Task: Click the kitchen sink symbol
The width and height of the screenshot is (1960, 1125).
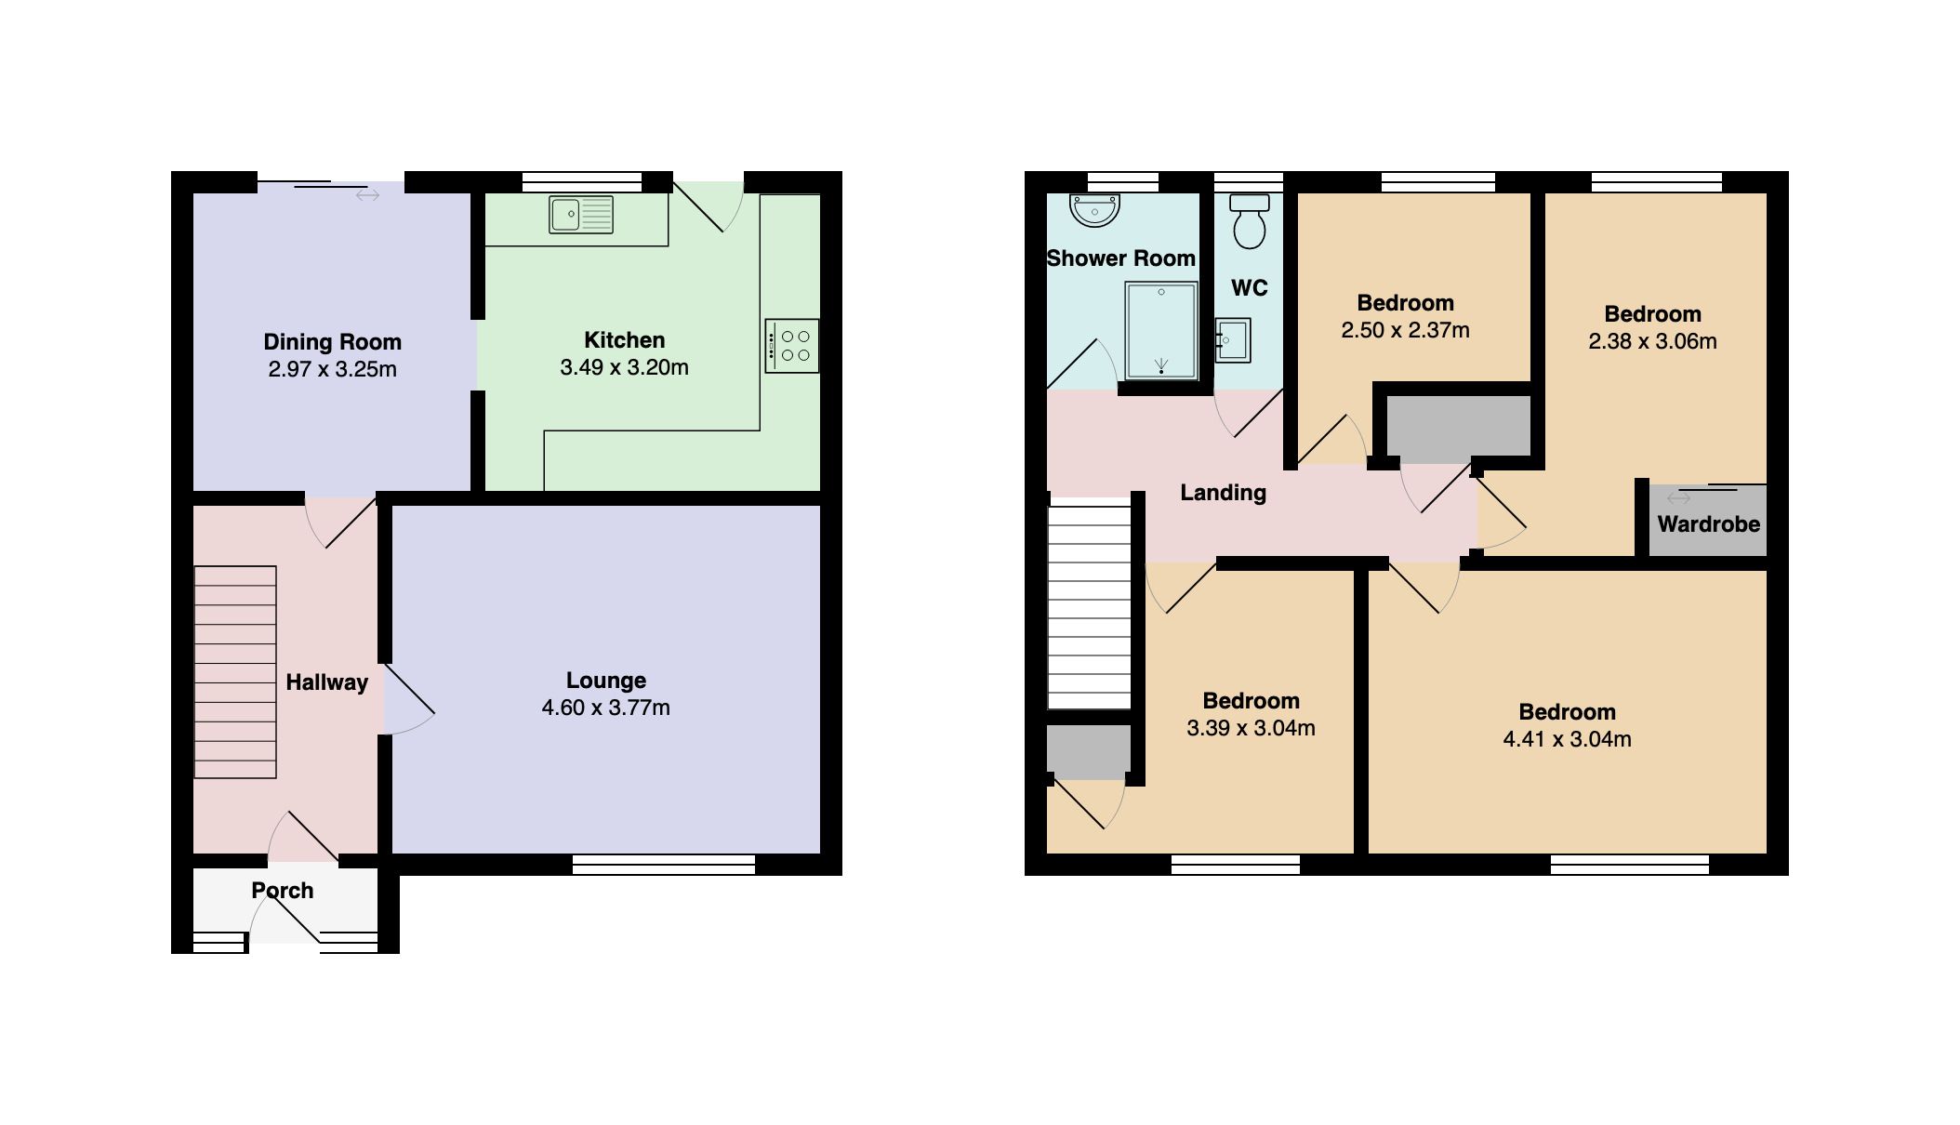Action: pyautogui.click(x=580, y=215)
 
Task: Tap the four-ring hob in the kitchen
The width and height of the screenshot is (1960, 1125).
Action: pyautogui.click(x=792, y=346)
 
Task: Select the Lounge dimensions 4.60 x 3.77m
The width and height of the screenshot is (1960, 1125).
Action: pyautogui.click(x=605, y=708)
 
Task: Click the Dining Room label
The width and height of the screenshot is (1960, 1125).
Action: pyautogui.click(x=332, y=342)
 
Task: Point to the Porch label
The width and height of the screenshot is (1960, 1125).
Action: pyautogui.click(x=283, y=891)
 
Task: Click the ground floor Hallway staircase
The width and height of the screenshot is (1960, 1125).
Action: pyautogui.click(x=235, y=671)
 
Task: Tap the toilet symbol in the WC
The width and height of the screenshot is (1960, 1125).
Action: pyautogui.click(x=1249, y=220)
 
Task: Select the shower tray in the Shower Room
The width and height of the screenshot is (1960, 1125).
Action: pyautogui.click(x=1160, y=332)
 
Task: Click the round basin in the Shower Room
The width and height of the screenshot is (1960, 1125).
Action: pyautogui.click(x=1094, y=210)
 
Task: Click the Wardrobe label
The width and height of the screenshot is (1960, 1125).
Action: pyautogui.click(x=1708, y=524)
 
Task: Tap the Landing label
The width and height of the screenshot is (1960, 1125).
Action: pyautogui.click(x=1223, y=493)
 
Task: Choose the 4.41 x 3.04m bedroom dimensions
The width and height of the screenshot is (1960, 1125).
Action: pyautogui.click(x=1567, y=739)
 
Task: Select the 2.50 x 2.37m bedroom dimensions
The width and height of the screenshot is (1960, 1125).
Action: pyautogui.click(x=1405, y=330)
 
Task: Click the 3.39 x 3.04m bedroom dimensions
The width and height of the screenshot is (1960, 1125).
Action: pyautogui.click(x=1251, y=728)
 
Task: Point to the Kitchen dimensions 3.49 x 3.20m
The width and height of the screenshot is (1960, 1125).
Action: pyautogui.click(x=624, y=367)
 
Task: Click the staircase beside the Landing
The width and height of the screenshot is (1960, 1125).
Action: pyautogui.click(x=1089, y=604)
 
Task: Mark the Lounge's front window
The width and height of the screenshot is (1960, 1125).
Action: pyautogui.click(x=663, y=866)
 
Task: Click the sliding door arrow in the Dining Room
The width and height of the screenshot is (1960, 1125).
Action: pyautogui.click(x=367, y=195)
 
